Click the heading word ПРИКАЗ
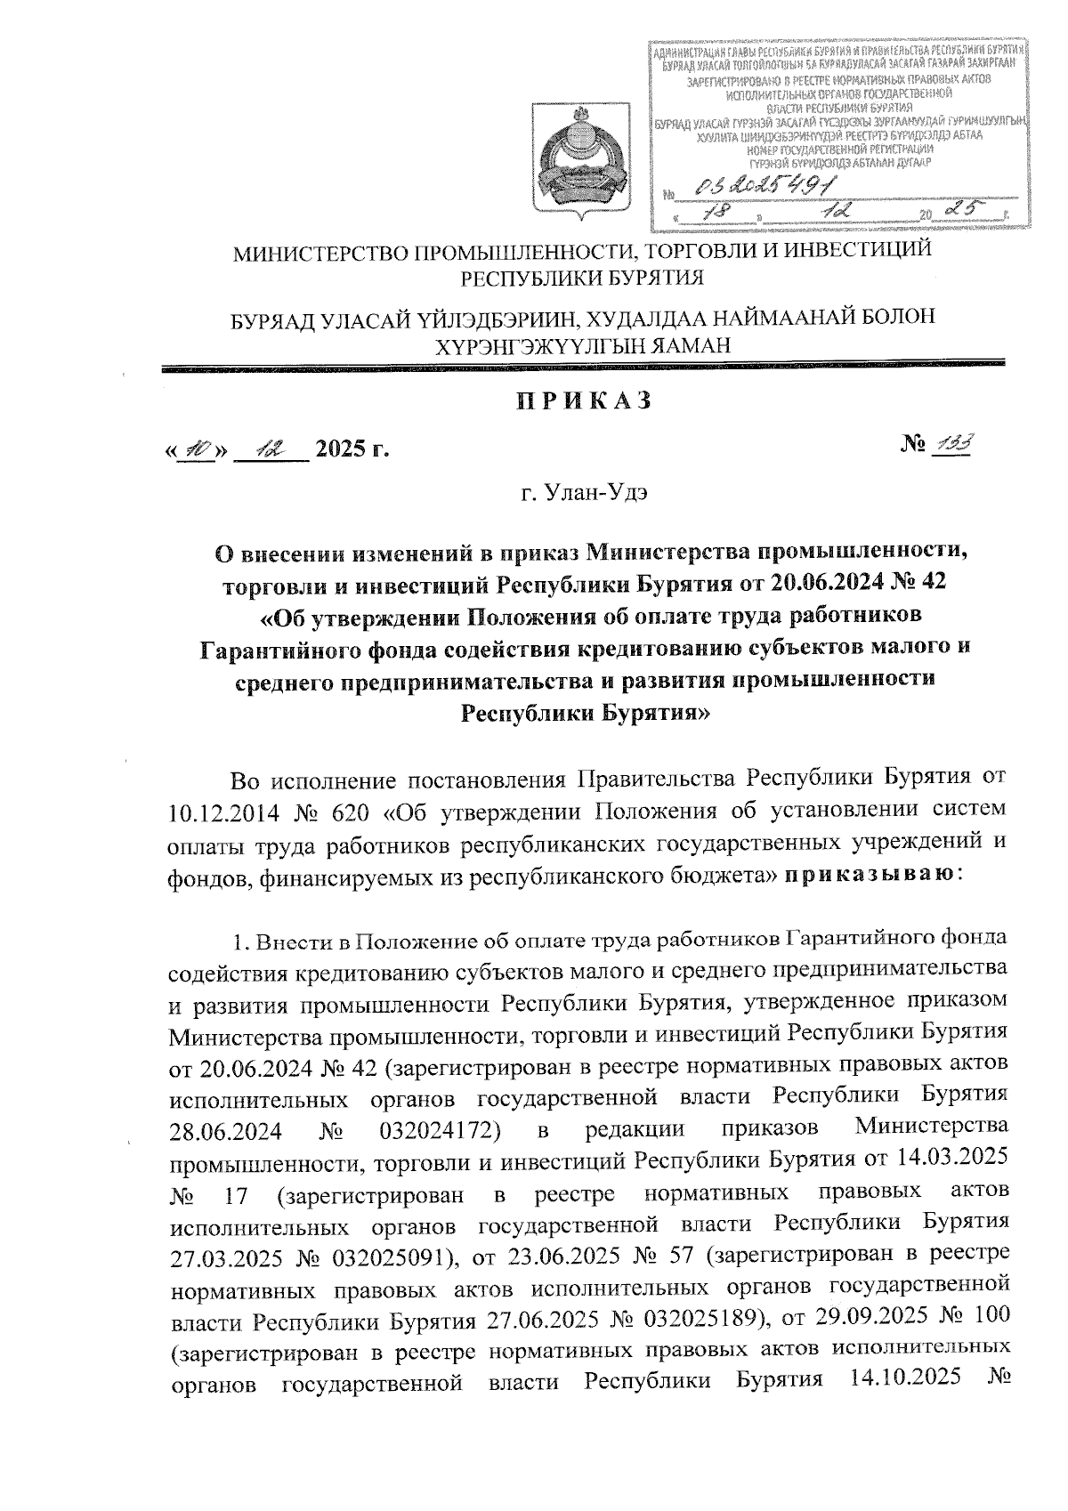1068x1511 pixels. pyautogui.click(x=585, y=401)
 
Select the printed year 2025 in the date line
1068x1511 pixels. pyautogui.click(x=342, y=448)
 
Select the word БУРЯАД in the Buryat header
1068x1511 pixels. pyautogui.click(x=270, y=318)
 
